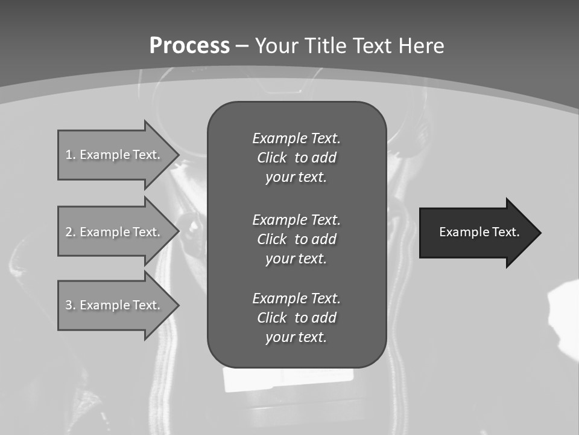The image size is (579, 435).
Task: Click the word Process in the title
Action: pyautogui.click(x=189, y=46)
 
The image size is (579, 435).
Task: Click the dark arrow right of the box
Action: pyautogui.click(x=476, y=233)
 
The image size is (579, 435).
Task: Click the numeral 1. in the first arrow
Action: pyautogui.click(x=70, y=155)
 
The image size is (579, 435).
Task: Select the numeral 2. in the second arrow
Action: pyautogui.click(x=70, y=232)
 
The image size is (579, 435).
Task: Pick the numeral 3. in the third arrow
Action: pyautogui.click(x=70, y=305)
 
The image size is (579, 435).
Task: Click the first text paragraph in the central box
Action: pyautogui.click(x=296, y=158)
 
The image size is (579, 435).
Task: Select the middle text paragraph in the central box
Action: pyautogui.click(x=296, y=239)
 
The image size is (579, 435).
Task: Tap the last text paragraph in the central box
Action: pyautogui.click(x=296, y=318)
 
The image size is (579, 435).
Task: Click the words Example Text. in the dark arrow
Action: pyautogui.click(x=479, y=232)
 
